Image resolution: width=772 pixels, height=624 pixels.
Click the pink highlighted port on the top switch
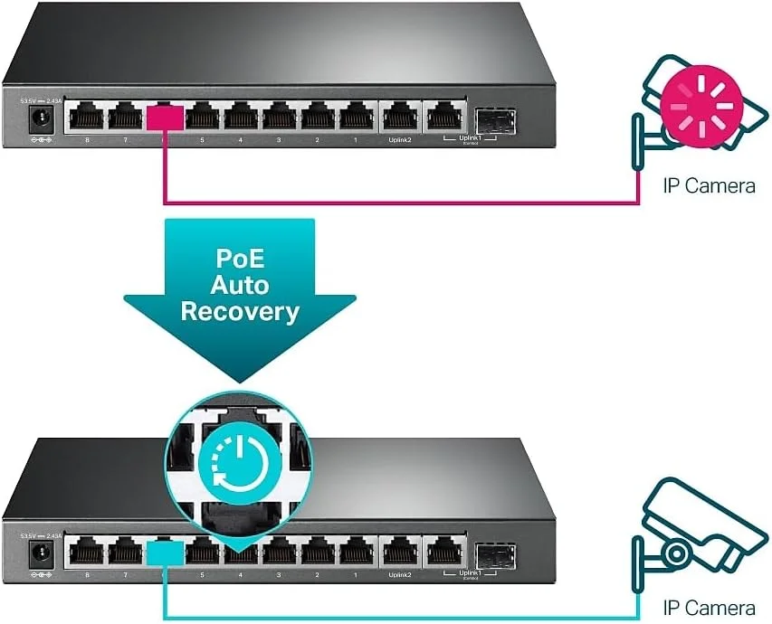point(166,118)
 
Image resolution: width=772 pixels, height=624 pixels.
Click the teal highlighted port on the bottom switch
point(166,552)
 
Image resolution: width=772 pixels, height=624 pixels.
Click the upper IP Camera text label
point(708,186)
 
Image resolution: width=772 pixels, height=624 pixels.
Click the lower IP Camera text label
point(708,607)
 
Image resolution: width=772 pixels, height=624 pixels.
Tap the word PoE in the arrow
point(239,258)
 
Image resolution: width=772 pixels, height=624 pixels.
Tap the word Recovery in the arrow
point(239,312)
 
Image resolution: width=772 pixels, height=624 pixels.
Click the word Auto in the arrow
point(239,285)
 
